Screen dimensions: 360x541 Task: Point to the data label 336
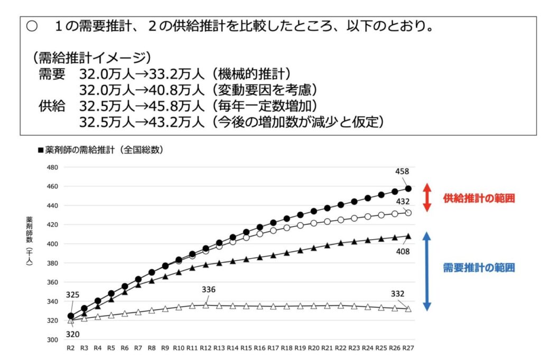209,289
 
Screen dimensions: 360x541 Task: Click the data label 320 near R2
72,334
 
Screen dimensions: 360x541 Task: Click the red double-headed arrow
428,198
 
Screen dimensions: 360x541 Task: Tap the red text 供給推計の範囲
479,198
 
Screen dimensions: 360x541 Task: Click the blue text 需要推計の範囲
479,268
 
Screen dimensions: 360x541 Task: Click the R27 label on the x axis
408,348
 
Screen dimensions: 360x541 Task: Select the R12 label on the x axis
206,348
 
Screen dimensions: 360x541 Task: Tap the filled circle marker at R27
408,188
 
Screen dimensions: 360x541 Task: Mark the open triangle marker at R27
408,309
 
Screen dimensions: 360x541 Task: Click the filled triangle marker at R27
408,236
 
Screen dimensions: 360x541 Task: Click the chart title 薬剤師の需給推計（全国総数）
100,150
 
